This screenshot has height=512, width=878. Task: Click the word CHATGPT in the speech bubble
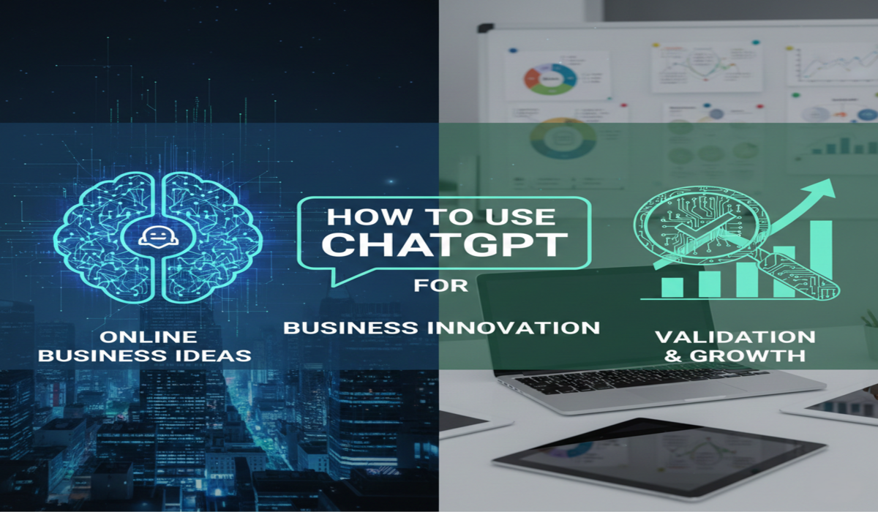pos(444,244)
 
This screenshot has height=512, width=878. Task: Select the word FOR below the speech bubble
pos(440,285)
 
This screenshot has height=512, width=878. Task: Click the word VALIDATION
pos(735,337)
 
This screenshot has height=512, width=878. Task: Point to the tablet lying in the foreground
pos(658,457)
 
